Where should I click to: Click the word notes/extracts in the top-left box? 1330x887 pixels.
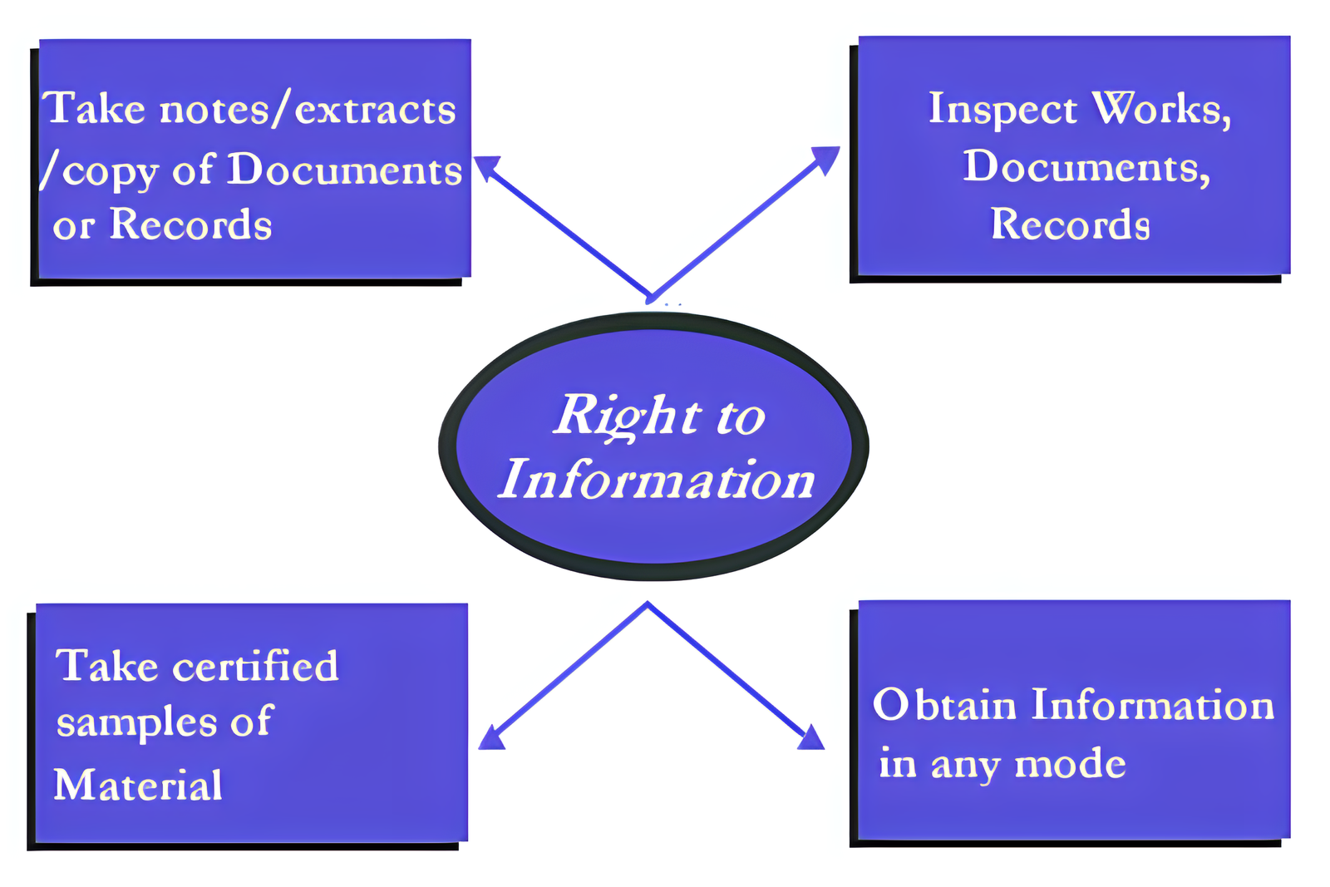[x=308, y=110]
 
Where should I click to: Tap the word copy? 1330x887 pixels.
[x=110, y=172]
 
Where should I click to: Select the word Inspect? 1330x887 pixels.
[x=1002, y=110]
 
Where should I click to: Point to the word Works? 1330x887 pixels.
[x=1160, y=109]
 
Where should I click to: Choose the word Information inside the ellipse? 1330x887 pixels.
[x=657, y=480]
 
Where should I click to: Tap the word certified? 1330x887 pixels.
[x=255, y=666]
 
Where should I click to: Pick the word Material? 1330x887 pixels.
[x=138, y=785]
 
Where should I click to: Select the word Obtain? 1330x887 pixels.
[x=944, y=705]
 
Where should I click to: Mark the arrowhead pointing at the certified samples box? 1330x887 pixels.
[x=491, y=738]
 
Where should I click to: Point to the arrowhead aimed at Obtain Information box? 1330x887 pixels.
[x=811, y=738]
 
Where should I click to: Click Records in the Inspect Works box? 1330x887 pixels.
[x=1071, y=224]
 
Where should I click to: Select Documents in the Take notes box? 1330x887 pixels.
[x=344, y=170]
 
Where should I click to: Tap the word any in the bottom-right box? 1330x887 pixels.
[x=964, y=765]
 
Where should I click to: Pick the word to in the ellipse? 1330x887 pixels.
[x=740, y=416]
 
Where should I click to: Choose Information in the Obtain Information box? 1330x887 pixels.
[x=1153, y=705]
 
